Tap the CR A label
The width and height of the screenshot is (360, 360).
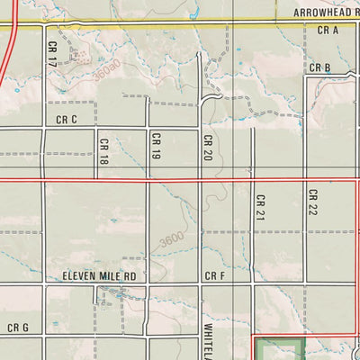tap(327, 31)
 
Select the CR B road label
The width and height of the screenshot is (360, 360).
tap(320, 68)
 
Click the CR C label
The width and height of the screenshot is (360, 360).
tap(67, 120)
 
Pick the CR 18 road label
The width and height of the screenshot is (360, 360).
tap(104, 150)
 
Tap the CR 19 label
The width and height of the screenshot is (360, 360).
tap(156, 146)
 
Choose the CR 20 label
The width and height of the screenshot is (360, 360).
tap(207, 148)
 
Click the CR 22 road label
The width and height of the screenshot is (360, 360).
tap(313, 202)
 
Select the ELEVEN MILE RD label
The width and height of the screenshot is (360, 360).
tap(99, 276)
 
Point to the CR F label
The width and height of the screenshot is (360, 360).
tap(214, 276)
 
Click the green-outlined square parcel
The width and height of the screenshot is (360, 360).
tap(279, 349)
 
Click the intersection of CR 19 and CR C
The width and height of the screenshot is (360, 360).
tap(148, 128)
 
